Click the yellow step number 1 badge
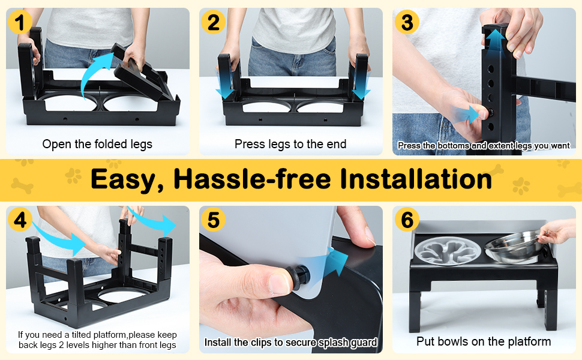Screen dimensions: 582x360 20,22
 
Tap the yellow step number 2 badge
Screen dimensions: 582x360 213,22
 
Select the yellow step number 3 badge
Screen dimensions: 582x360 407,22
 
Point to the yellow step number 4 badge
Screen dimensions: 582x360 20,220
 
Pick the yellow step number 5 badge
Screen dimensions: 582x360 213,220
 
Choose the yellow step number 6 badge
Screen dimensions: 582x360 407,220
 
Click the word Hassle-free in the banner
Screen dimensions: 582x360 252,179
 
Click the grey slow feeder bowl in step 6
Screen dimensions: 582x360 448,250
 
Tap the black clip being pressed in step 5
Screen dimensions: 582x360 299,275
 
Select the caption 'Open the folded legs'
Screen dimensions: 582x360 97,144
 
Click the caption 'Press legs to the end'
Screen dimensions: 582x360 290,144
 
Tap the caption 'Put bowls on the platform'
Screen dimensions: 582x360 484,341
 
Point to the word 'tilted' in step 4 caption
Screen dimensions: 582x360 81,335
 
